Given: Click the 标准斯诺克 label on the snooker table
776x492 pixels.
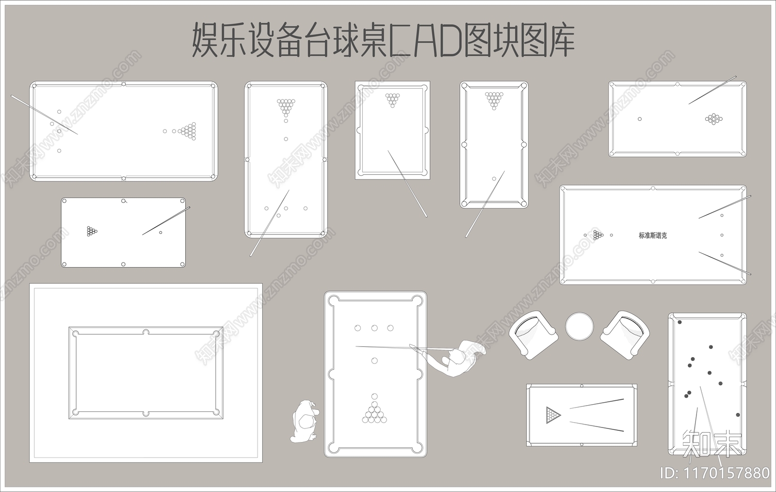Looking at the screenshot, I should (x=652, y=235).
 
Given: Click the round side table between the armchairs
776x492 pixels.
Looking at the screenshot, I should (x=579, y=326).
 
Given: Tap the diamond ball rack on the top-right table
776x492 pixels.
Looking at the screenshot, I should (x=713, y=119).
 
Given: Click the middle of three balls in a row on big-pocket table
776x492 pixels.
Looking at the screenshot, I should (x=374, y=328).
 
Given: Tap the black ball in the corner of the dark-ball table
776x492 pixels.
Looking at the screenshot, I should (x=679, y=322).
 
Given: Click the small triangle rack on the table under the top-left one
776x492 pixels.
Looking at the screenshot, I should (x=92, y=231).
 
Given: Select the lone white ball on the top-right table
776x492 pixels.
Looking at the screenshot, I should (x=640, y=119).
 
